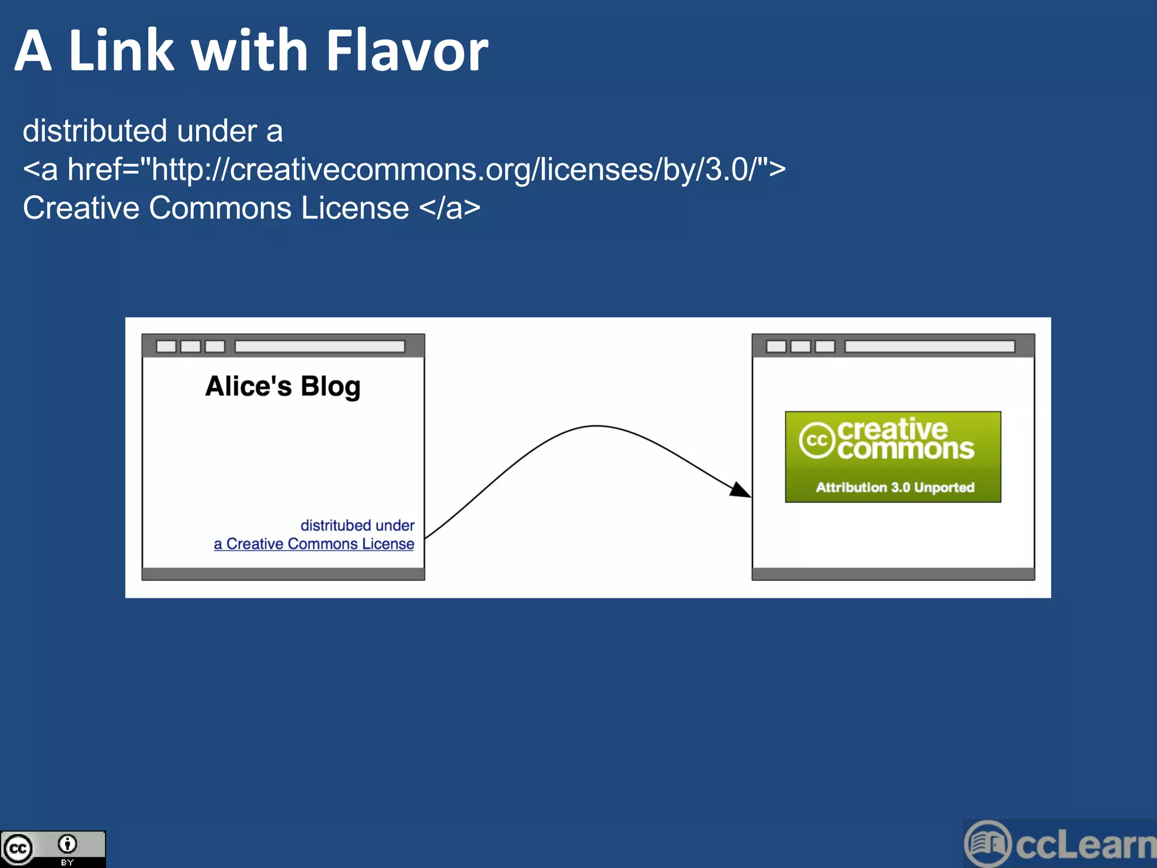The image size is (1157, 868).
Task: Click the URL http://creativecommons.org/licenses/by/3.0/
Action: (x=452, y=170)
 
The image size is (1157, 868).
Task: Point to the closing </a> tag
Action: (x=450, y=208)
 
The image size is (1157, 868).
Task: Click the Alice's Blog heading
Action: (x=282, y=387)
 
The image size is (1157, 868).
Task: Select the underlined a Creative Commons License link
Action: (x=314, y=544)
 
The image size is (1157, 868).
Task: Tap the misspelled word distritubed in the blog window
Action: (x=337, y=525)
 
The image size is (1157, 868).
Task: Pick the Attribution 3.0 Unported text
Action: (x=895, y=487)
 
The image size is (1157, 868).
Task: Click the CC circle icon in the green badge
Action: (x=817, y=440)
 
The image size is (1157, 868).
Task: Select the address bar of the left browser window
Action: (x=320, y=346)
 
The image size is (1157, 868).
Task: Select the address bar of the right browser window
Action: (x=930, y=346)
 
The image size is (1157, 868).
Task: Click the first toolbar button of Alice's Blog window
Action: (x=166, y=346)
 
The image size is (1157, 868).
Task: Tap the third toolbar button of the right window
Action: (x=825, y=346)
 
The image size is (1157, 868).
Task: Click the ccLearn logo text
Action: (x=1085, y=845)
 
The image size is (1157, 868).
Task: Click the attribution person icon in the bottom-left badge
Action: (x=67, y=844)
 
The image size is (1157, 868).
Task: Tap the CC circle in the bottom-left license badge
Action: (x=18, y=849)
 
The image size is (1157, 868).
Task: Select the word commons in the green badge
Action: (x=906, y=449)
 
